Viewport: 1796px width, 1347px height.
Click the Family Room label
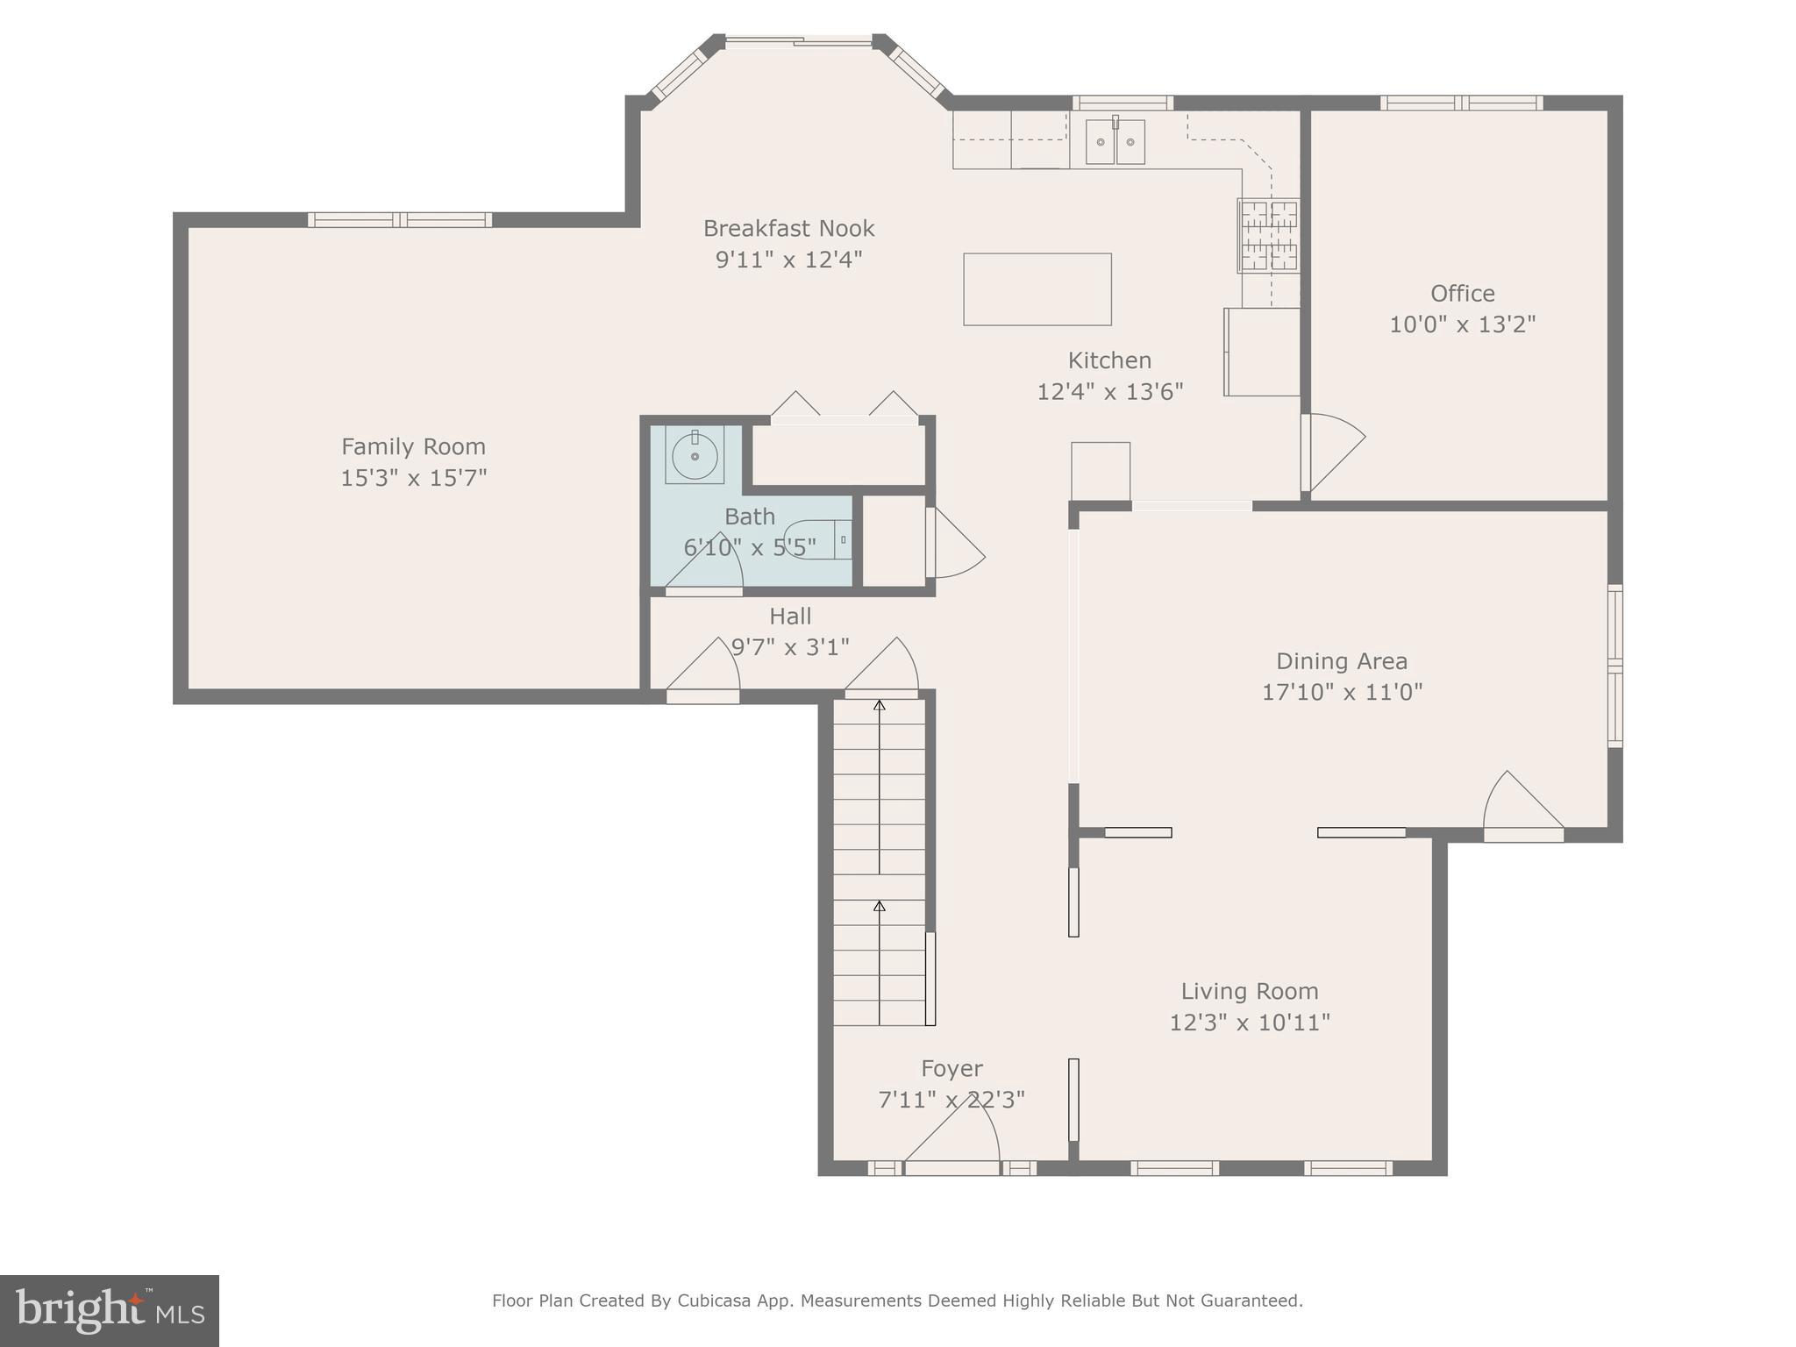(413, 447)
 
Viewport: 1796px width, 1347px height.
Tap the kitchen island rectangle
(1037, 289)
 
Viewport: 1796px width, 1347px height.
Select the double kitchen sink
(1115, 141)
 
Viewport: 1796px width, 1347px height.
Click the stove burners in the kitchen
(1269, 235)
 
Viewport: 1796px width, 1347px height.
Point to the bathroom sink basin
(695, 455)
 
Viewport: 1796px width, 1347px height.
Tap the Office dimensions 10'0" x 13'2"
(1463, 324)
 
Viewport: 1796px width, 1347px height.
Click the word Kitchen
(1109, 360)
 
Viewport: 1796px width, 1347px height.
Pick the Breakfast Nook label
(789, 229)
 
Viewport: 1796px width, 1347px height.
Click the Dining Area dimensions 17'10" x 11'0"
(1342, 692)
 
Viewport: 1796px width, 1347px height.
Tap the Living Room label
(1250, 992)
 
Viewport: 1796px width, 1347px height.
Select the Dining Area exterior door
(1523, 808)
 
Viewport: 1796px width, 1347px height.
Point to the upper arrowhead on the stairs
(880, 705)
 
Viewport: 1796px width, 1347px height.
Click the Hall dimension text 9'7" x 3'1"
(790, 647)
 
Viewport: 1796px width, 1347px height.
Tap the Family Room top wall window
(400, 220)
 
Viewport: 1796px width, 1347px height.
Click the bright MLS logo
(110, 1311)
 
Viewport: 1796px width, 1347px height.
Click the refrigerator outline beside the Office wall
(1262, 352)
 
